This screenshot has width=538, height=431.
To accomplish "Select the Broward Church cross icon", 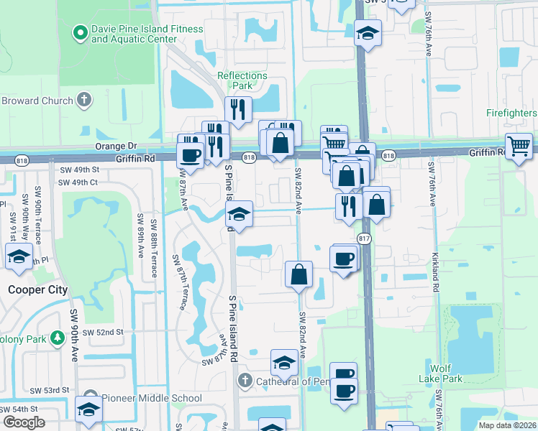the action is tap(84, 101).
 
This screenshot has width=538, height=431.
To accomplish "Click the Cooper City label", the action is tap(37, 290).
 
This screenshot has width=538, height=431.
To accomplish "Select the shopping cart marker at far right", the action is tap(519, 147).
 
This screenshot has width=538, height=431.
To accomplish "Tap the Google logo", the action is tap(24, 422).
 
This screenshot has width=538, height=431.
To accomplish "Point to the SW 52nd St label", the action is tap(104, 333).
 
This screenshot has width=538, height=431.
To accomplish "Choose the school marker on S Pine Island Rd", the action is tap(239, 214).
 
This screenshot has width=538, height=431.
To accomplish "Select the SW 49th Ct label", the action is tap(78, 182).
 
